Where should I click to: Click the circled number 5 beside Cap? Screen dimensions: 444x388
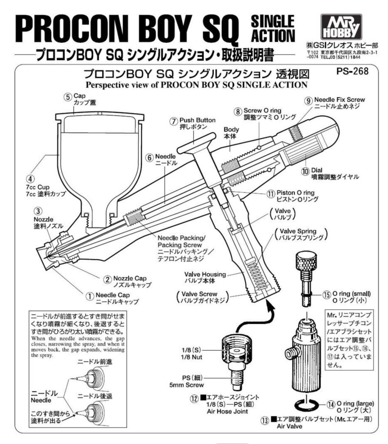[67, 97]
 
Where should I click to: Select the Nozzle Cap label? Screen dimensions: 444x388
[133, 277]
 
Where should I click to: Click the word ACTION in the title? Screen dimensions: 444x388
[273, 35]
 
